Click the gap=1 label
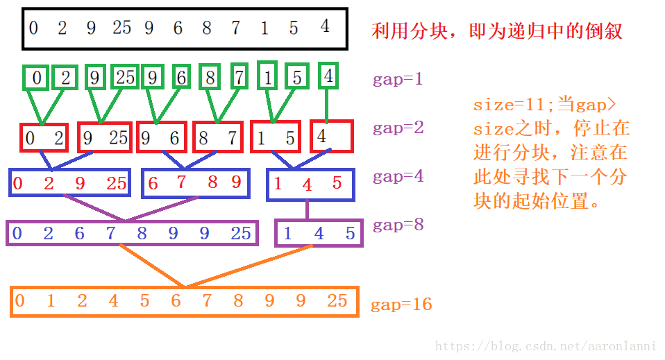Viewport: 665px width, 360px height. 398,79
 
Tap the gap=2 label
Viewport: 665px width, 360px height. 398,128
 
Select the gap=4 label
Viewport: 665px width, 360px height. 398,177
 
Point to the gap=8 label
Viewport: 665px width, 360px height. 398,225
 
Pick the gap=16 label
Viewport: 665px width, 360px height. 401,305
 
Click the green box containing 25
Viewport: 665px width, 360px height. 125,78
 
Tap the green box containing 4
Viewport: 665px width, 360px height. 328,76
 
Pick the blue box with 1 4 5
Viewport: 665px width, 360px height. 310,185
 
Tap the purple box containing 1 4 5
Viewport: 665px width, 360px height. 319,233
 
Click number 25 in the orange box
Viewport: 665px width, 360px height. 337,301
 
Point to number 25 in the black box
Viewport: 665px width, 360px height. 121,28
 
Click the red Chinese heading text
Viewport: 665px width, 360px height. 496,31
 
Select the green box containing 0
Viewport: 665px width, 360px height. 36,78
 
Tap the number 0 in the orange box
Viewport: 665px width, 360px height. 19,301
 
